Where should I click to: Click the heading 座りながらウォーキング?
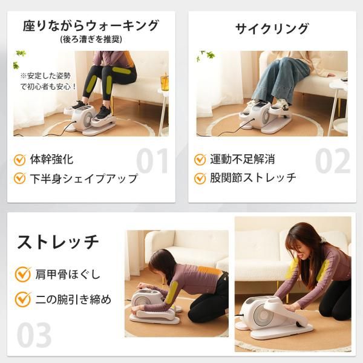tap(91, 25)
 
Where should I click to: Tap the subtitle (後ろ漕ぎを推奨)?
tap(91, 39)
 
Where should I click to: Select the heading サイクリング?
tap(272, 29)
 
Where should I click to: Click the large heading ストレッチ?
tap(58, 242)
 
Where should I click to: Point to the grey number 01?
tap(152, 161)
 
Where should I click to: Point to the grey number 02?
tap(332, 161)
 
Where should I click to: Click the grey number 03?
tap(34, 335)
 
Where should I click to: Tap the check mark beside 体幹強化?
tap(20, 160)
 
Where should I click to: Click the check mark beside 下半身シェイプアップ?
tap(20, 178)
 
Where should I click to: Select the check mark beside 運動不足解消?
tap(200, 160)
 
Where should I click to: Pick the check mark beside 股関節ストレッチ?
tap(200, 178)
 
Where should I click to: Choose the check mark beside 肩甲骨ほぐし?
tap(23, 274)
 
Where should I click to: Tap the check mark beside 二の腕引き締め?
tap(23, 299)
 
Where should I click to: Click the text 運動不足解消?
tap(243, 159)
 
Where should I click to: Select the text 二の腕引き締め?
tap(73, 299)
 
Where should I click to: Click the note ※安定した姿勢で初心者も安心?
tap(48, 81)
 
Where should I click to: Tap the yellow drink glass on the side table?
tap(165, 82)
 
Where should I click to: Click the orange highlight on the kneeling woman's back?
tap(208, 270)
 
